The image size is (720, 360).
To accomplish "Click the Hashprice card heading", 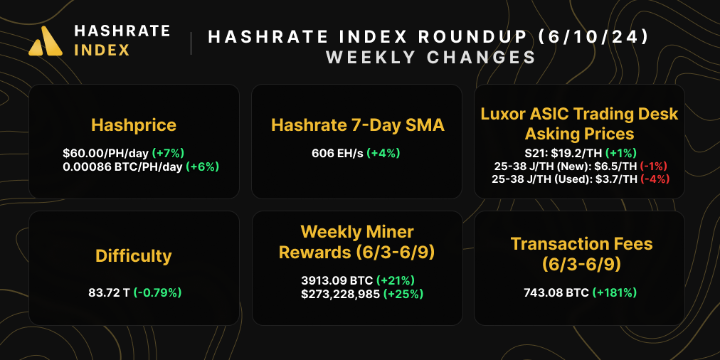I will point(134,126).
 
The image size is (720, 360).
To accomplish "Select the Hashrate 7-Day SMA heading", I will point(358,126).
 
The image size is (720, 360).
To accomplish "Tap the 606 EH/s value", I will point(337,153).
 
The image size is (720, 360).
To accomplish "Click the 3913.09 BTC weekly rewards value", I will point(337,280).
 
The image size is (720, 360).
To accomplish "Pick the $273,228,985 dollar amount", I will point(341,293).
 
